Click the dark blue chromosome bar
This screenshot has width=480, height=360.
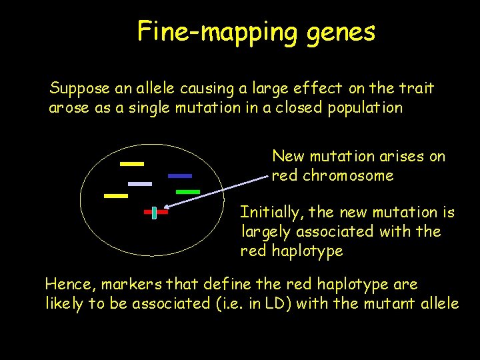180,176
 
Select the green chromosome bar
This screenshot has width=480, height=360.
187,192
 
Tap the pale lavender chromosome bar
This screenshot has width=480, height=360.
140,183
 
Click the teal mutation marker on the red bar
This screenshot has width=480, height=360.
154,213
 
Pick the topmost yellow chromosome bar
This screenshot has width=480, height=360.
132,163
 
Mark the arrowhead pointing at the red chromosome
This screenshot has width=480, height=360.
166,210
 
